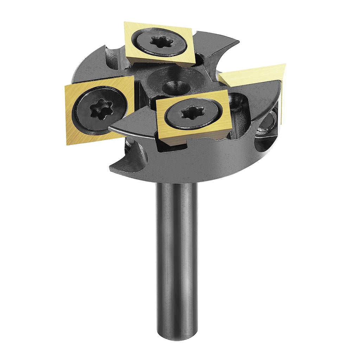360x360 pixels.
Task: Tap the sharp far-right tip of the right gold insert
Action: coord(285,65)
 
